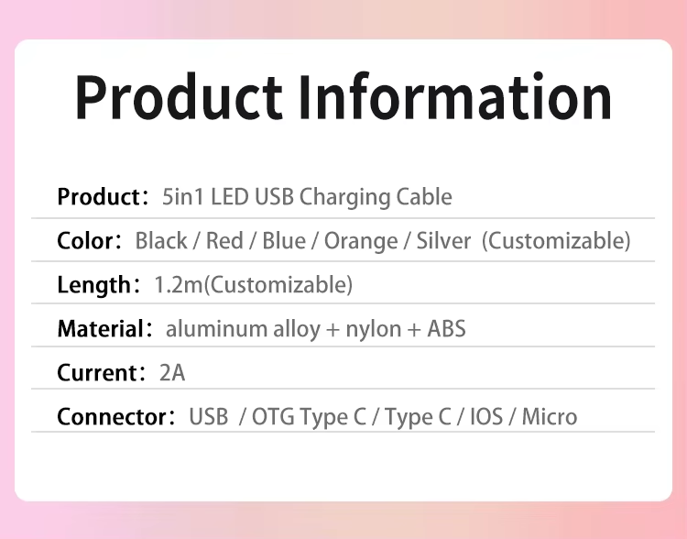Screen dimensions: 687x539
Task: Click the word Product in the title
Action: pos(179,97)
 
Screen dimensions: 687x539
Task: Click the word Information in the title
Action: pos(455,96)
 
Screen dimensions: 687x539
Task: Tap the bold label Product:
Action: pos(103,196)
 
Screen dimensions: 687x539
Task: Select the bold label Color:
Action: pos(90,241)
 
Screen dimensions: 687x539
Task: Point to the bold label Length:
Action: pos(99,285)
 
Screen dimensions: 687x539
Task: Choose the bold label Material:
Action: pos(104,328)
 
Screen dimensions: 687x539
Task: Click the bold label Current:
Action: pos(101,373)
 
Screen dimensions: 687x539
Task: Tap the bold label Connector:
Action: pos(116,417)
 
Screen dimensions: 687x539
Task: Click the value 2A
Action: pos(172,373)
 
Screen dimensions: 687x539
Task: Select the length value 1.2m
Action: pos(179,285)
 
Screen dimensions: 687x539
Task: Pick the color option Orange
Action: pos(361,242)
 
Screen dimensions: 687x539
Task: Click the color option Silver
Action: pos(443,241)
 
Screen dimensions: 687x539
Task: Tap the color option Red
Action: pos(224,241)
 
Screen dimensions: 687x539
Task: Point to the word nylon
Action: pos(374,330)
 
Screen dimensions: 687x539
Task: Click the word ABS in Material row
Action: pos(446,328)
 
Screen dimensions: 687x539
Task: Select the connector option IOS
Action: pos(486,417)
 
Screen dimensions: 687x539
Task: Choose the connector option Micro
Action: pos(550,417)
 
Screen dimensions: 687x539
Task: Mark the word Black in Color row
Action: pos(161,241)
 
